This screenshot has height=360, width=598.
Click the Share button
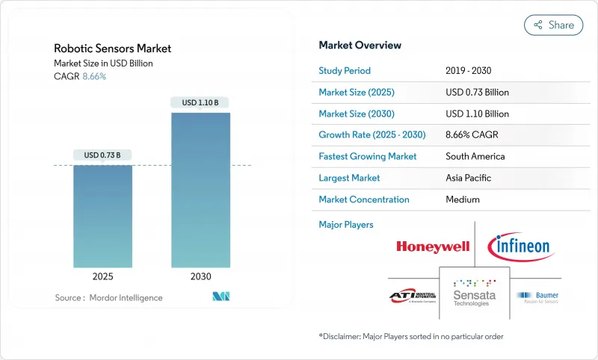click(x=554, y=25)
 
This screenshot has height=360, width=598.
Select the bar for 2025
click(x=102, y=216)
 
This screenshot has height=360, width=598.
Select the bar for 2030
click(x=200, y=190)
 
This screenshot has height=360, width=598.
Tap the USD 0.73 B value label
click(x=102, y=155)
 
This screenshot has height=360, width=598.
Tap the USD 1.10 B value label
click(x=200, y=102)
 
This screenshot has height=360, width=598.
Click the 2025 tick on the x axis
click(x=102, y=276)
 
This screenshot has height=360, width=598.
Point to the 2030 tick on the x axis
click(x=200, y=276)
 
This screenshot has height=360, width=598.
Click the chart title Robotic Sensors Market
click(x=112, y=49)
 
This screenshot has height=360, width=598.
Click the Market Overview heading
click(x=360, y=46)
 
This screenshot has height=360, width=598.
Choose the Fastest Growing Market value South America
click(x=475, y=157)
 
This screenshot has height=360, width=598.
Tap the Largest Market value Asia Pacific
click(x=469, y=178)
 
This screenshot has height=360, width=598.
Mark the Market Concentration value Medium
click(x=462, y=199)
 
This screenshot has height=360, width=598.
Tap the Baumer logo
click(x=538, y=297)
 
